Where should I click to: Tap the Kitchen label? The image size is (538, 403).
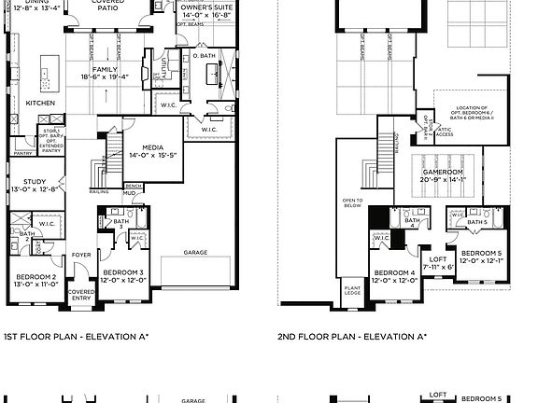(x=39, y=103)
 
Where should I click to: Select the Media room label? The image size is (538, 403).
(x=152, y=147)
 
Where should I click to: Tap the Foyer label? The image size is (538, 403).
(x=82, y=253)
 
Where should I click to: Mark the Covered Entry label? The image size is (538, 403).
(x=81, y=294)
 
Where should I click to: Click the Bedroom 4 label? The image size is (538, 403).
(x=393, y=273)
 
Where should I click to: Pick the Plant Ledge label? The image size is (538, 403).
(x=353, y=293)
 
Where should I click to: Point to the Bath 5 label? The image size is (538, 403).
(x=476, y=222)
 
